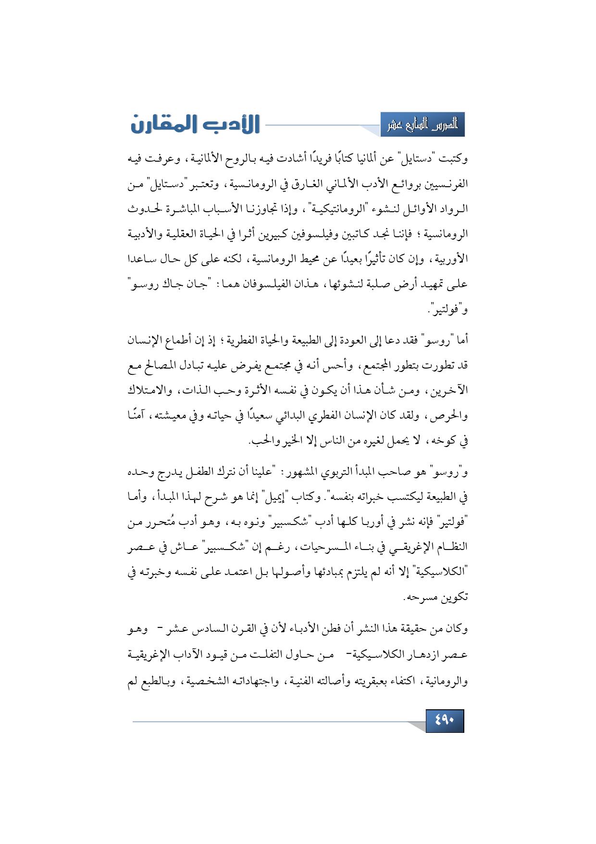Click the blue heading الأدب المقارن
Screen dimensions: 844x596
195,125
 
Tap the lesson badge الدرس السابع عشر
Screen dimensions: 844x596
422,125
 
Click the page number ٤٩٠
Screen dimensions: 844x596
445,720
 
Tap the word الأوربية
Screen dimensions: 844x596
451,259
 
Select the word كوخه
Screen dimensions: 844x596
442,441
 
